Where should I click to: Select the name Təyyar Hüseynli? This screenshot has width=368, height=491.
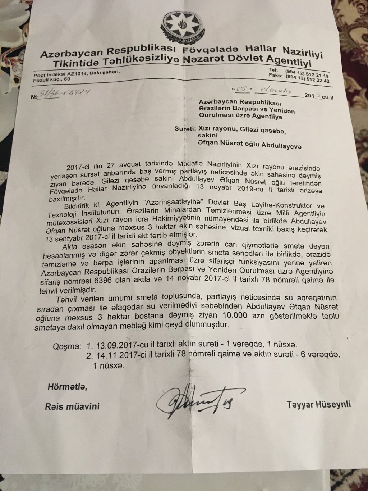tap(318, 404)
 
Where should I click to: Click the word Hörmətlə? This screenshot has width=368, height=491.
tap(67, 388)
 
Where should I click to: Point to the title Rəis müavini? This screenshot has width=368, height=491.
tap(72, 406)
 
